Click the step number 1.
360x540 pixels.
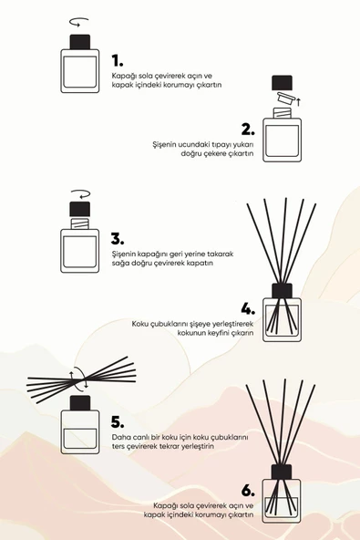coord(117,60)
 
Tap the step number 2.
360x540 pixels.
coord(246,129)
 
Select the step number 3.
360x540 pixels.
coord(117,238)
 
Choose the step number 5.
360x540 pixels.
coord(117,422)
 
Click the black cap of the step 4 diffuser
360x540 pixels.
coord(282,291)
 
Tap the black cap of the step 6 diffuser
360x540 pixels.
coord(282,472)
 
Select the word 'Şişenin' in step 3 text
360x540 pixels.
coord(125,253)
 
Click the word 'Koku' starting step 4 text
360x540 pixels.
coord(139,323)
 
